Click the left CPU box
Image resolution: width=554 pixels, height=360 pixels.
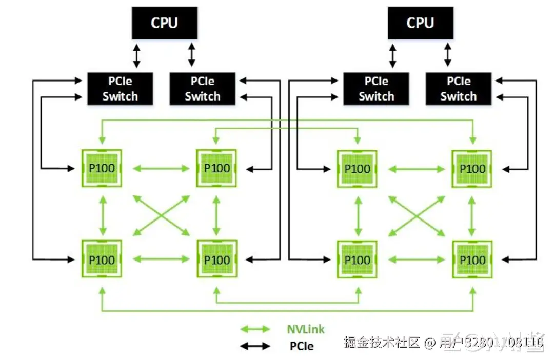coord(164,23)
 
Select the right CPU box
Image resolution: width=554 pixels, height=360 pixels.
coord(420,23)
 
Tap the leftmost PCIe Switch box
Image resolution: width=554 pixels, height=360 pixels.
coord(120,89)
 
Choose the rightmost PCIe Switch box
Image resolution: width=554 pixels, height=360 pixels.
coord(459,89)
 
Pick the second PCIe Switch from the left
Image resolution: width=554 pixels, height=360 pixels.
coord(202,89)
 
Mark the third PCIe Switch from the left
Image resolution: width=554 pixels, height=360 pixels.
coord(376,89)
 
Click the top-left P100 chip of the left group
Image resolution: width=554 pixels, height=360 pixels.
coord(102,168)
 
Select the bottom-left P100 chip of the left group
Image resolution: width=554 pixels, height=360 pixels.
coord(102,259)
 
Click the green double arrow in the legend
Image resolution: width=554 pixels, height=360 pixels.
coord(255,329)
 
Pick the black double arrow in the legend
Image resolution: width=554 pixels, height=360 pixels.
coord(255,346)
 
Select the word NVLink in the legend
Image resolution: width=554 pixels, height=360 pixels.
coord(306,329)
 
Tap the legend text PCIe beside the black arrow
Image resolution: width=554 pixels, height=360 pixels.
coord(301,346)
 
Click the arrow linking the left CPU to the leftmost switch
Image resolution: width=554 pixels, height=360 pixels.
coord(136,56)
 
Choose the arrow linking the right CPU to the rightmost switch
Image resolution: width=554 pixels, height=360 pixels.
coord(448,55)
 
